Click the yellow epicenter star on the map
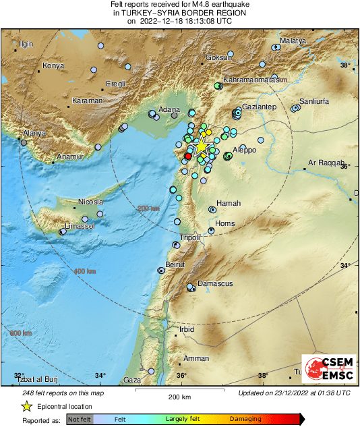(x=201, y=146)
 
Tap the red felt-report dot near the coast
(x=188, y=156)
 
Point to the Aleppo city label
(x=245, y=150)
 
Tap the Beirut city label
(x=175, y=264)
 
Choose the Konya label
(x=53, y=65)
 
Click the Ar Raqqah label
(x=326, y=163)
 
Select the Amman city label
(x=196, y=358)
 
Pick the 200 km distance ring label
(x=148, y=209)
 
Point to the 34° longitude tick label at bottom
(x=100, y=375)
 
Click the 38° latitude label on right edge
(x=345, y=65)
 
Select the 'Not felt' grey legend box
(x=79, y=420)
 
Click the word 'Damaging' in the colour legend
(x=245, y=420)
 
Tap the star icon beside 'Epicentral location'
(x=26, y=407)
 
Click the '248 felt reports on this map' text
(x=63, y=393)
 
